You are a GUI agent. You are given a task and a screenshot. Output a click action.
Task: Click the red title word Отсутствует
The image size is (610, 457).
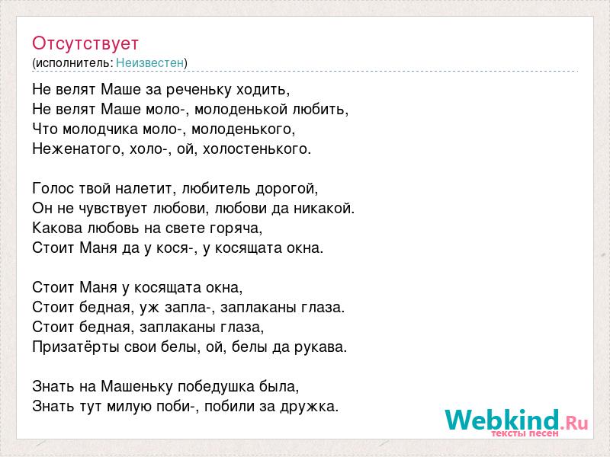click(x=85, y=43)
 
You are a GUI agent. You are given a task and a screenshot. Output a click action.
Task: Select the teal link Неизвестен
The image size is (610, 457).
click(x=149, y=63)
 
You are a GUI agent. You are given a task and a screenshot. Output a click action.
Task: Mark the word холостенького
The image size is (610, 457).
click(x=256, y=149)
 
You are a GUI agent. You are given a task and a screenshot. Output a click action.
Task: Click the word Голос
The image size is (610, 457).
click(x=53, y=189)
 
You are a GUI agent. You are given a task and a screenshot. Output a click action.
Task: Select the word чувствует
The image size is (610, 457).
click(x=112, y=209)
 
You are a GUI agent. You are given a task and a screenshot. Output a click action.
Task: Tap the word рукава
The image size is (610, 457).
click(x=320, y=347)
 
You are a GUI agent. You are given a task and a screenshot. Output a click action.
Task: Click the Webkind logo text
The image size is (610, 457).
click(x=516, y=420)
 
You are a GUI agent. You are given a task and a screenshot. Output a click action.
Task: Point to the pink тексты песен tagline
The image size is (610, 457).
click(x=525, y=433)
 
